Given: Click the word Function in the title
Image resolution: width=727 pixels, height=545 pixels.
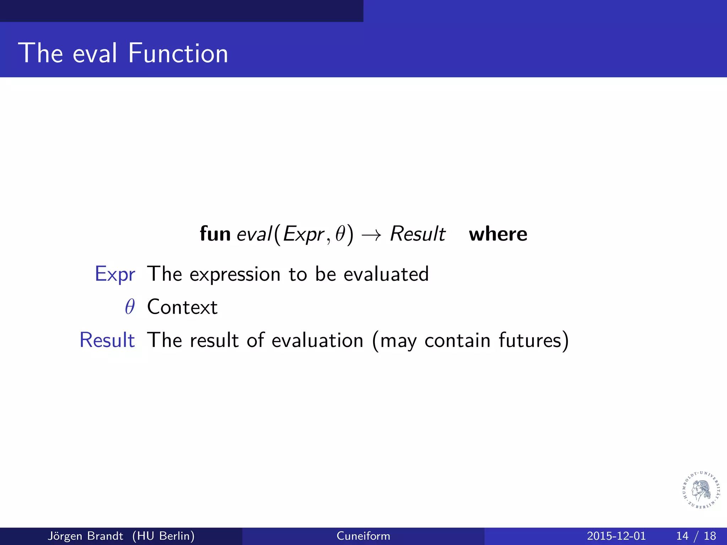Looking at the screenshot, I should [x=178, y=53].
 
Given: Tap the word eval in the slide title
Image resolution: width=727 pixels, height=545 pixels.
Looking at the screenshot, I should [x=94, y=53].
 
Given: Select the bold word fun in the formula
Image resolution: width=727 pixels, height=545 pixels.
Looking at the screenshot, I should [x=215, y=234].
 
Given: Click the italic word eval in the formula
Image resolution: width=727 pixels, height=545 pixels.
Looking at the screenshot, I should [x=254, y=234].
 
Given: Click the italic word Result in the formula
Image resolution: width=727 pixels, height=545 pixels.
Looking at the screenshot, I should [x=417, y=234].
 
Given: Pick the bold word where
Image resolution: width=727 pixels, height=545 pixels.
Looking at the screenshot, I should [x=498, y=234].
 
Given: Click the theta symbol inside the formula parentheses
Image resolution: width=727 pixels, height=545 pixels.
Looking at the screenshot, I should [x=340, y=234].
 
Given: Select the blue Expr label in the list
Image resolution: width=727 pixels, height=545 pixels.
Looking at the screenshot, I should [x=115, y=274].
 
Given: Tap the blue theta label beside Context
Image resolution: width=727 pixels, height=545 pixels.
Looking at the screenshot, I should [x=130, y=307].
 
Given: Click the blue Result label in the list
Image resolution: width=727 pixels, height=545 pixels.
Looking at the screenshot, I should [x=107, y=340].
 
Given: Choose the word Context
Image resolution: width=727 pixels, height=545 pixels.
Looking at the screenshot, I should [x=182, y=307].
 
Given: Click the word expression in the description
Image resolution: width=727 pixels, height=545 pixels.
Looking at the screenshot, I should [x=235, y=274].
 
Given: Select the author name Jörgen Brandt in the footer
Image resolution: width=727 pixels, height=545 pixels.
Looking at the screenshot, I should [x=85, y=536].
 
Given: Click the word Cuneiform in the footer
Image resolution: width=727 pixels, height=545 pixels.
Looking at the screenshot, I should [x=363, y=536].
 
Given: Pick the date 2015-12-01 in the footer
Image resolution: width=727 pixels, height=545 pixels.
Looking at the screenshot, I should [x=616, y=536].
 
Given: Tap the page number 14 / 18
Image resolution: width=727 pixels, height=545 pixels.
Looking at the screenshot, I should [x=696, y=536].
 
